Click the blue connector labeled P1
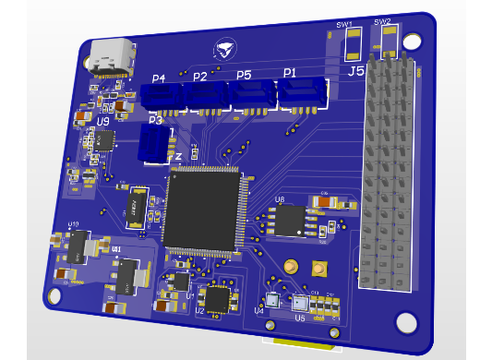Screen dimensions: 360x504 [301, 91]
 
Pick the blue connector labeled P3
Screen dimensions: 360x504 [155, 144]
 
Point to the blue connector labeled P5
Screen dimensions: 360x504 [252, 93]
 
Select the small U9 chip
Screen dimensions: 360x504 [103, 140]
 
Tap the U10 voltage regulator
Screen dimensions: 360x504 [78, 245]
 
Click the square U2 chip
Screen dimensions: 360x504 [217, 298]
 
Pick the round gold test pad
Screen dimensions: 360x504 [292, 266]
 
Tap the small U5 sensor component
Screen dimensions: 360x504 [299, 304]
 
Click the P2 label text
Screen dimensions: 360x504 [199, 78]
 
